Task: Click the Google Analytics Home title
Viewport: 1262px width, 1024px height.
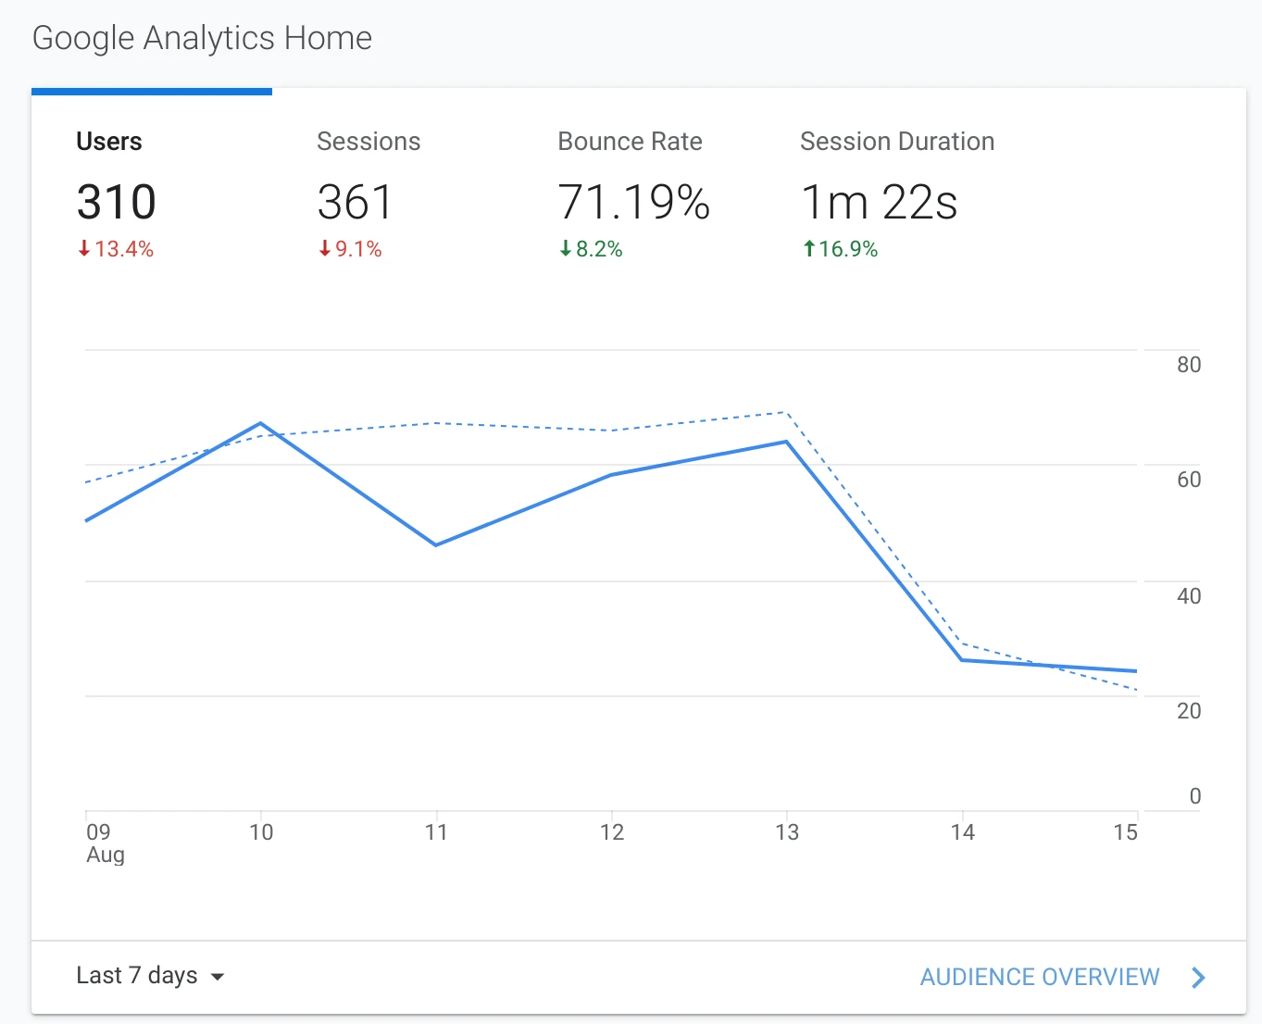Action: pyautogui.click(x=202, y=38)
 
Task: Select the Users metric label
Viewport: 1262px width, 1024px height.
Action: pyautogui.click(x=109, y=142)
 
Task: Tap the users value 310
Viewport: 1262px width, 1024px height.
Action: pyautogui.click(x=116, y=202)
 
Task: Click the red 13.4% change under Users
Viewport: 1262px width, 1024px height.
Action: pyautogui.click(x=116, y=249)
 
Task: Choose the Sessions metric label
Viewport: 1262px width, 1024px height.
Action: pyautogui.click(x=369, y=142)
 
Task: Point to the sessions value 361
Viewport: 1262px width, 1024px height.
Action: pyautogui.click(x=355, y=202)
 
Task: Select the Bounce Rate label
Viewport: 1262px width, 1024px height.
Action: pyautogui.click(x=630, y=142)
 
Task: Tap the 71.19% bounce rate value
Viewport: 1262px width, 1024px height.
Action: pyautogui.click(x=633, y=202)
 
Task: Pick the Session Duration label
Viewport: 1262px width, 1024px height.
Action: pyautogui.click(x=896, y=142)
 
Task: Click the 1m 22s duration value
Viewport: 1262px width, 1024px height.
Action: pyautogui.click(x=879, y=202)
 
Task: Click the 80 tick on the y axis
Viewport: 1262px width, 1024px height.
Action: pyautogui.click(x=1188, y=365)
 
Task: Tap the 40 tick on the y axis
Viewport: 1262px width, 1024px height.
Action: pyautogui.click(x=1188, y=596)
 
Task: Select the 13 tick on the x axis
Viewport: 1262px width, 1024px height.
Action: pyautogui.click(x=786, y=832)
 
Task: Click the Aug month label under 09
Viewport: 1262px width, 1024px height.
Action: pyautogui.click(x=106, y=855)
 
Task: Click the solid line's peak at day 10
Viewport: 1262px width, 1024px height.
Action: pyautogui.click(x=261, y=424)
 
